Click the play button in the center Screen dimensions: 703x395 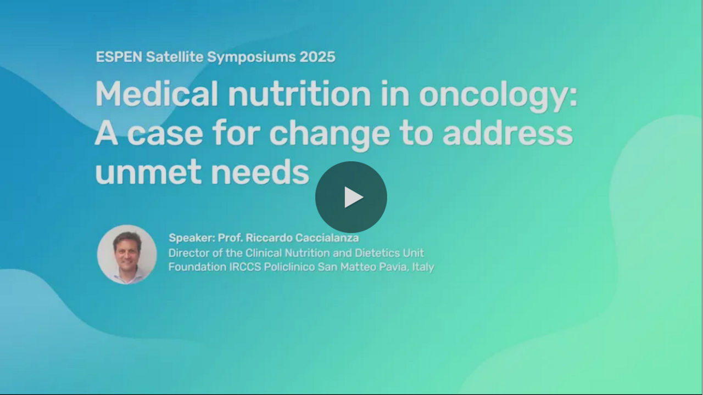click(351, 197)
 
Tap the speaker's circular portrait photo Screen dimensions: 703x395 click(127, 255)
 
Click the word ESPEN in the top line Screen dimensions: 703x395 click(119, 57)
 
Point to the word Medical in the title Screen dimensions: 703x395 click(157, 94)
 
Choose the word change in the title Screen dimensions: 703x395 click(330, 135)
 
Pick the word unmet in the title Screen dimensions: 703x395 click(148, 172)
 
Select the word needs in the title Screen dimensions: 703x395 click(260, 172)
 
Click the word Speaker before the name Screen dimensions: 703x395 click(192, 238)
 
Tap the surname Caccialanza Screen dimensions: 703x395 click(327, 238)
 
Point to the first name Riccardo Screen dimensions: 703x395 click(269, 238)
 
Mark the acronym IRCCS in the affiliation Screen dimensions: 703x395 click(246, 267)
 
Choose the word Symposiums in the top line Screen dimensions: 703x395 click(252, 58)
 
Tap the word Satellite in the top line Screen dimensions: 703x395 click(175, 57)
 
